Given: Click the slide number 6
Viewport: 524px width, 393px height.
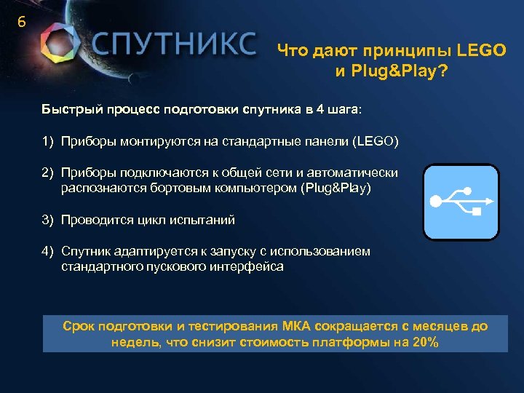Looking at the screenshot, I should tap(21, 23).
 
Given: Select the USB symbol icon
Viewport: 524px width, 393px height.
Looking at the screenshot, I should tap(461, 202).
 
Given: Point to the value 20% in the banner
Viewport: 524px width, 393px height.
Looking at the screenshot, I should tap(425, 343).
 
